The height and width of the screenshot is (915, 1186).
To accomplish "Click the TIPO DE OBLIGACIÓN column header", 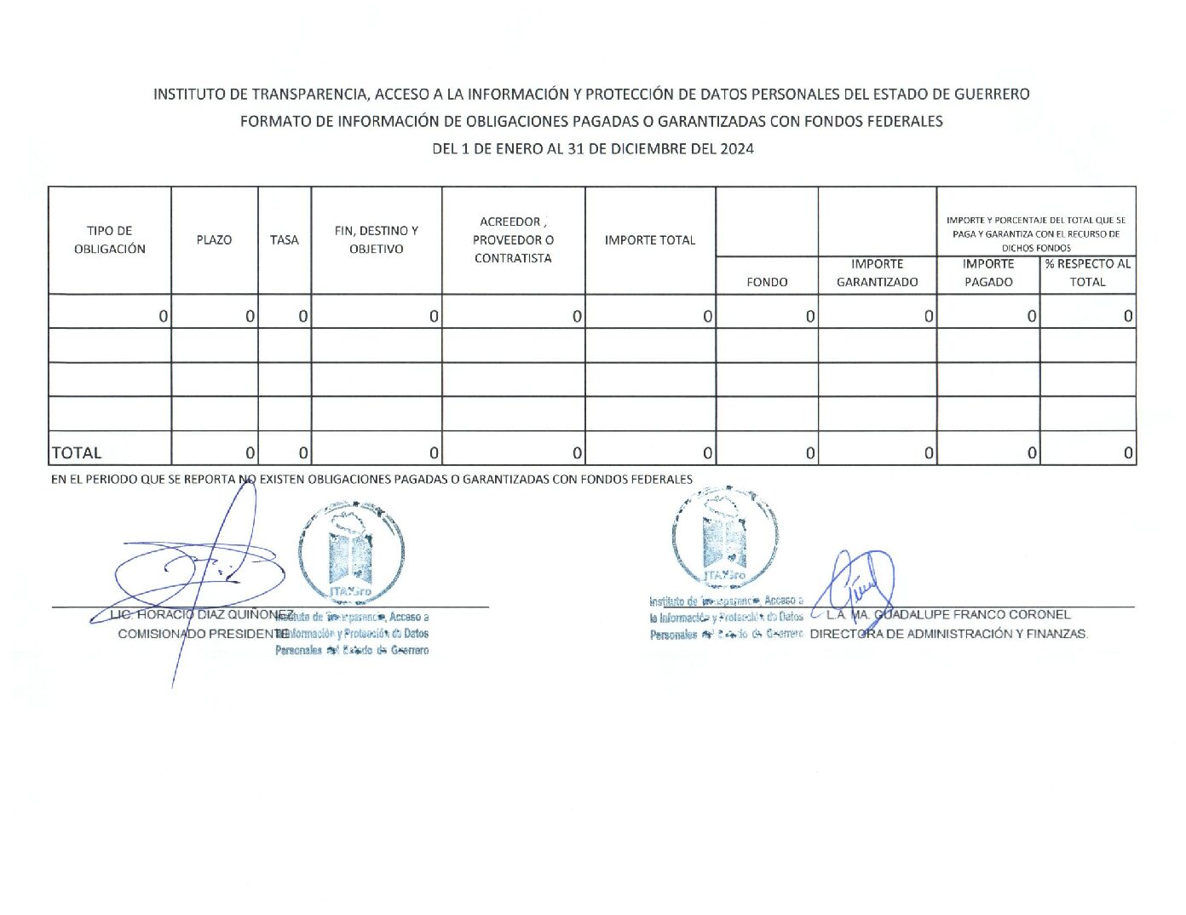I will tap(109, 239).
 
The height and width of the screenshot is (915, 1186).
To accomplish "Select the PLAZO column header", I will tap(214, 239).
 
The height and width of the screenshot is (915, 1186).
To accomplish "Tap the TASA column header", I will tap(285, 239).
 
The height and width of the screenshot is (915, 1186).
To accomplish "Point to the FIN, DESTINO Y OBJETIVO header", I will tap(376, 239).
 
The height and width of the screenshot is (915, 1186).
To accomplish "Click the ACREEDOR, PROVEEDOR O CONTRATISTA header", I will tap(513, 239).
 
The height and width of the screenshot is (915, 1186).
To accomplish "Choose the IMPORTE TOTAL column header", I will tap(650, 239).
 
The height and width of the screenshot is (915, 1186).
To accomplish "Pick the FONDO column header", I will tap(767, 282).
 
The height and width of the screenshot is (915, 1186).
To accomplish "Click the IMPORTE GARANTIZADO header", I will tap(877, 273).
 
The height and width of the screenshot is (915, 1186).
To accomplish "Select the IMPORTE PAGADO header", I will tap(988, 273).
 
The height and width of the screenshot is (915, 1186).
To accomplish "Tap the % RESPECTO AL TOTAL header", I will tap(1088, 273).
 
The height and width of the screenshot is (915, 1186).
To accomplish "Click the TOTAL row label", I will tap(77, 452).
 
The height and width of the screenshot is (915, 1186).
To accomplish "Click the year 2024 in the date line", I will tap(737, 148).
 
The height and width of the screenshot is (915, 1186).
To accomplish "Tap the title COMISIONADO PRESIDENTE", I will tap(203, 634).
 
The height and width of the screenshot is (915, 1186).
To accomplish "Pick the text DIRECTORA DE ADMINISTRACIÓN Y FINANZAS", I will tap(949, 634).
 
